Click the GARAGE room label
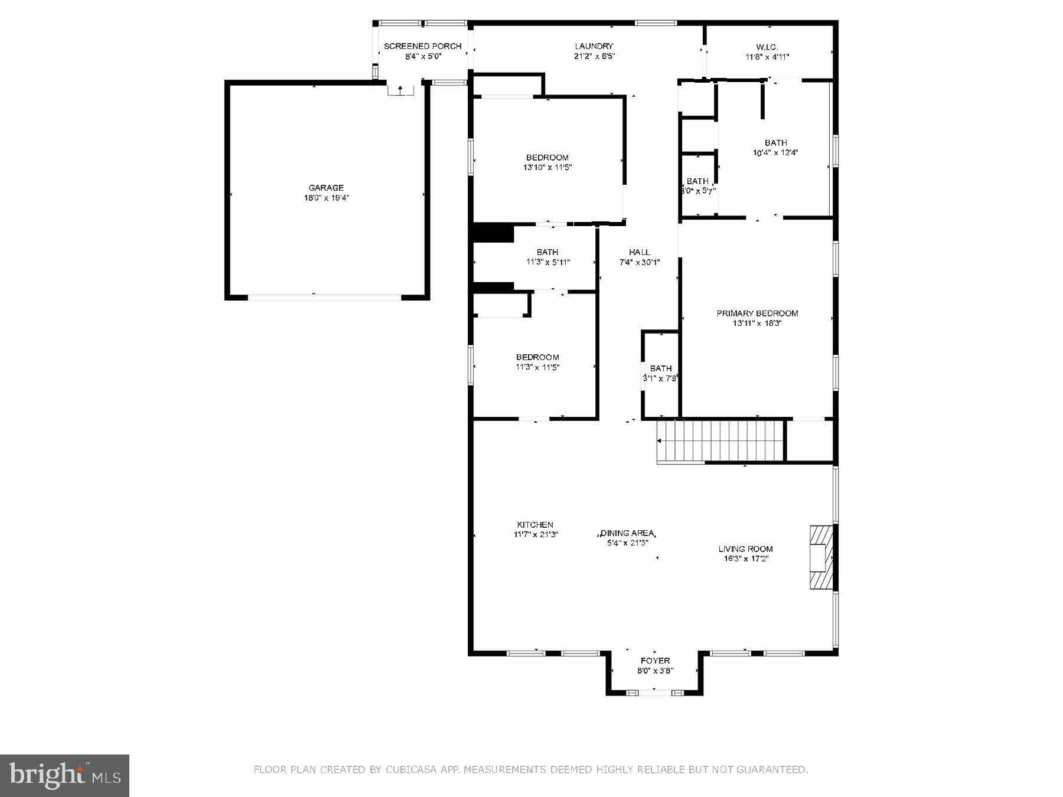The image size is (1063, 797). point(326,188)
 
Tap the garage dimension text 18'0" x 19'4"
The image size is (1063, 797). point(326,198)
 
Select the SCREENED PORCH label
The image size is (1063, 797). point(422,46)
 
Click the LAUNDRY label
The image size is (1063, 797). point(594,46)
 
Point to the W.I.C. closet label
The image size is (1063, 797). point(767,47)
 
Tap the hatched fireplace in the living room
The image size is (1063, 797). point(821,557)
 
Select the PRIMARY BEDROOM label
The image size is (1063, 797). point(757,313)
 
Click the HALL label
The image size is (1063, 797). point(639,252)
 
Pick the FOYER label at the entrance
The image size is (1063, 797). point(655,661)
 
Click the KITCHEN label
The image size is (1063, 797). point(535,524)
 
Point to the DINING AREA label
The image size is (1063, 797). point(627,533)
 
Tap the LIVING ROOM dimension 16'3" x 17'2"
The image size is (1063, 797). point(745,559)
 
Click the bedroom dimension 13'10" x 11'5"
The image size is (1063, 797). point(547,168)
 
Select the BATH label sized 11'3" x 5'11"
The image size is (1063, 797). point(547,252)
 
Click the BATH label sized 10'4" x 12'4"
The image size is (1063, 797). point(775,142)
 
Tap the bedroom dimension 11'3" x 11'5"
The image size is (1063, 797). point(537,367)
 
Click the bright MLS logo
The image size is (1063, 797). point(64,775)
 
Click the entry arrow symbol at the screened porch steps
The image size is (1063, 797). point(400,90)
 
